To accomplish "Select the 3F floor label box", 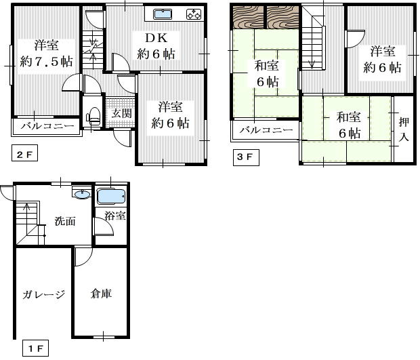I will (245, 157).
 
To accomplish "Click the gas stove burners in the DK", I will (192, 14).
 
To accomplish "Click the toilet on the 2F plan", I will (93, 115).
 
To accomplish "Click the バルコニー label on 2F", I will (46, 126).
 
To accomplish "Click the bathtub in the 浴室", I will (110, 197).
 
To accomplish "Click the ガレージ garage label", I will (43, 294).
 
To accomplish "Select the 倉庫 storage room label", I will (101, 294).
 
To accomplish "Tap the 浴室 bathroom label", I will (115, 216).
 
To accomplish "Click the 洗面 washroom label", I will (65, 221).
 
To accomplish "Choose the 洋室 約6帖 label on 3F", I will (381, 59).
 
